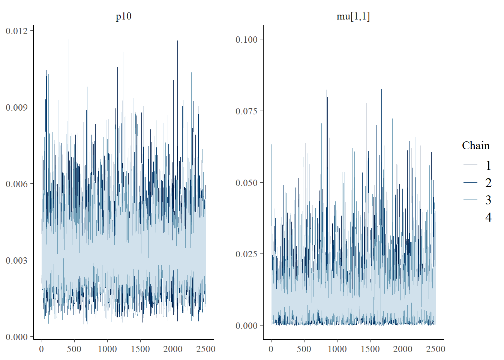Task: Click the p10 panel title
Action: tap(123, 16)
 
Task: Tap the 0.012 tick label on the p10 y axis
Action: tap(16, 31)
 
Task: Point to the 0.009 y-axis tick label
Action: tap(16, 107)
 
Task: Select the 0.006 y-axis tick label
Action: tap(16, 184)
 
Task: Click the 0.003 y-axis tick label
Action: tap(16, 260)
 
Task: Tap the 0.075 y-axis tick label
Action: tap(247, 111)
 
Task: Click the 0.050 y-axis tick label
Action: tap(247, 183)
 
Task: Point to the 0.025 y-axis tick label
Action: tap(247, 254)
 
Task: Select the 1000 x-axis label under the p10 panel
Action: tap(107, 349)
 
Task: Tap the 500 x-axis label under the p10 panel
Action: tap(74, 349)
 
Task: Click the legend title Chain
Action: tap(475, 145)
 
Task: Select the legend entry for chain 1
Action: tap(477, 165)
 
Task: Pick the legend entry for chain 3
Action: tap(477, 200)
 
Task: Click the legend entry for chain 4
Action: tap(477, 217)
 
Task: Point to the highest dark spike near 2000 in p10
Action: tap(177, 41)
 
